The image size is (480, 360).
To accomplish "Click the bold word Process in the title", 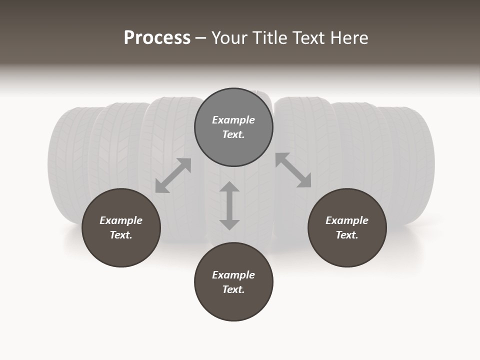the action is coord(157,38).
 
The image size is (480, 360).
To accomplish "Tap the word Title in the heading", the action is coord(268,38).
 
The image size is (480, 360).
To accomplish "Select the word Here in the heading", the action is coord(348,38).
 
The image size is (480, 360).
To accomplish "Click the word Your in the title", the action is coord(229,38).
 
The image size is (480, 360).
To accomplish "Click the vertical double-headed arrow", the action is coord(229,205).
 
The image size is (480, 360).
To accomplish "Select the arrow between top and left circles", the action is coord(173,175).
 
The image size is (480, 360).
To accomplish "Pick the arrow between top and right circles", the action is coord(293,170).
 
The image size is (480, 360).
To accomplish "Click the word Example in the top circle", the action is coord(233,120).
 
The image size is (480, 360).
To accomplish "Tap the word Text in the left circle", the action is coord(121,235).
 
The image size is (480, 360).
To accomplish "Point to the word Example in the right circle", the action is coord(347,220).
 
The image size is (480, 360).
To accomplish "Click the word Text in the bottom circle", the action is coord(233,289).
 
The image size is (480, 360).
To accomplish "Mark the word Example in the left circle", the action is coord(121,220).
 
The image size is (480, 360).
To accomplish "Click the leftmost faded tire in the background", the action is coord(65,165).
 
